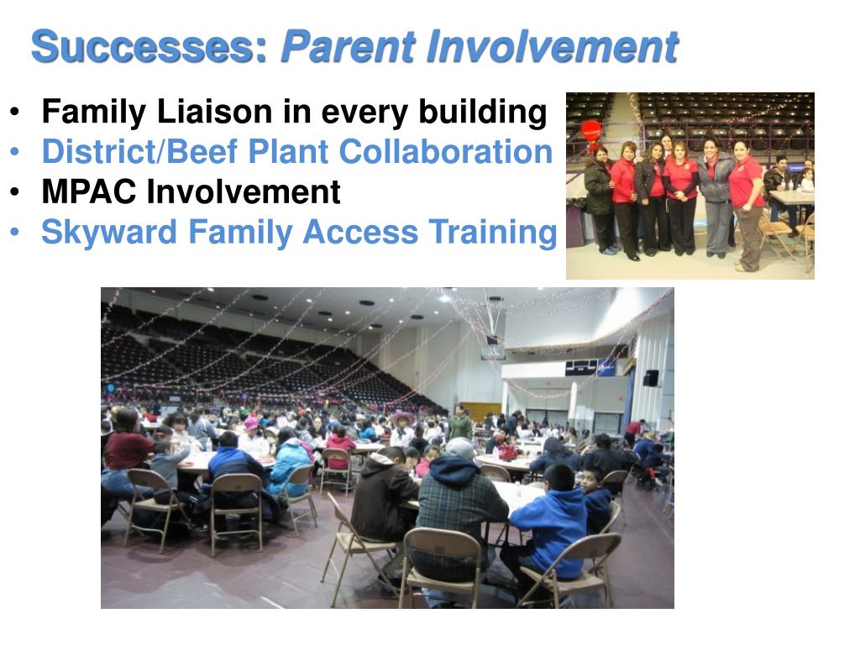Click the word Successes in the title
[x=149, y=47]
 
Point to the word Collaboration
[x=445, y=151]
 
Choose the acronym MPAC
[x=89, y=191]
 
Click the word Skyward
[x=109, y=233]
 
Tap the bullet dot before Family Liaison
[x=15, y=112]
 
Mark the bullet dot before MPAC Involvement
[x=15, y=192]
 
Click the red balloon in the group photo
[x=591, y=132]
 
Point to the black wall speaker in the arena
[x=651, y=378]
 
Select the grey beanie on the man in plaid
[x=459, y=448]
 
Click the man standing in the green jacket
[x=459, y=423]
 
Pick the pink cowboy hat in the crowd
[x=402, y=418]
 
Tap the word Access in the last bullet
[x=360, y=232]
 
